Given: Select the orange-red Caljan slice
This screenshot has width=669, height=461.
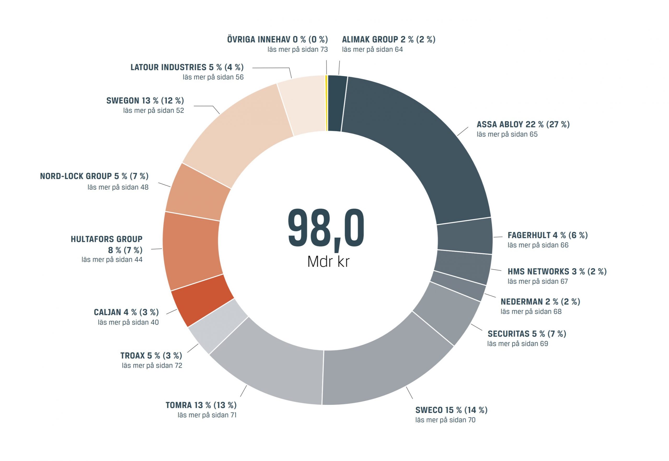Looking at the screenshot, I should pyautogui.click(x=202, y=300).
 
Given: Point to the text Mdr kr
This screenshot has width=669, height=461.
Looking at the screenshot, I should pyautogui.click(x=328, y=262).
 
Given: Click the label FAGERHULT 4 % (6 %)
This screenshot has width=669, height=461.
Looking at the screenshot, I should pyautogui.click(x=547, y=235).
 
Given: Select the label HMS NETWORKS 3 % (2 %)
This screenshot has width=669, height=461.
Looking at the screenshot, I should pyautogui.click(x=557, y=272).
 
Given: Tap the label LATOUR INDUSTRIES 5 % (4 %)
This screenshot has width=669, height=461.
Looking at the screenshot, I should pyautogui.click(x=187, y=67).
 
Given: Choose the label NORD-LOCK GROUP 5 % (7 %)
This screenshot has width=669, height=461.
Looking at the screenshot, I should pyautogui.click(x=94, y=176).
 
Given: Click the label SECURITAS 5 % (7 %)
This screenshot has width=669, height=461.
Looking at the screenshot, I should pyautogui.click(x=527, y=334).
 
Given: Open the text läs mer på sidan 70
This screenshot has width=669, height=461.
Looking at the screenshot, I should pyautogui.click(x=445, y=420).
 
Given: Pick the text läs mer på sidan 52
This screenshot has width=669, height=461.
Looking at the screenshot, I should pyautogui.click(x=153, y=111).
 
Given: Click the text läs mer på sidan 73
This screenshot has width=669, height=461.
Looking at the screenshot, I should pyautogui.click(x=297, y=49).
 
